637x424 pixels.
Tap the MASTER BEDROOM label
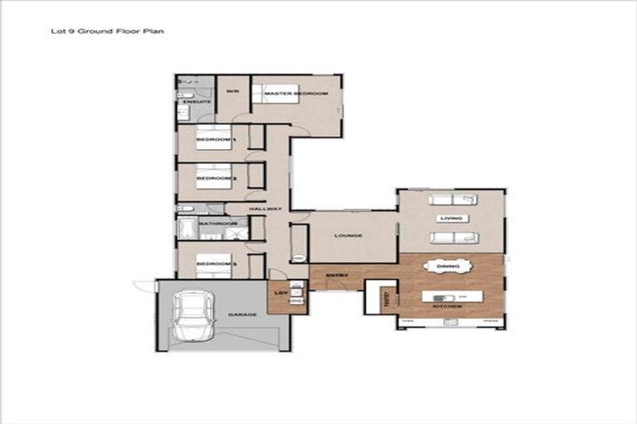point(296,94)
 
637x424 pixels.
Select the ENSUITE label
point(187,102)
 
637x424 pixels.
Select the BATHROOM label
point(218,224)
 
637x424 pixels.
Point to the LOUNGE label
point(349,236)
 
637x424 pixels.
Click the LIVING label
point(452,219)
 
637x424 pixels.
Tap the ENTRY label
point(337,275)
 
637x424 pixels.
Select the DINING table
point(448,266)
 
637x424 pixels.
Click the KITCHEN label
point(448,308)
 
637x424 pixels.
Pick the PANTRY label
point(385,299)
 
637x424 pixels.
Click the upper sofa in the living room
point(452,200)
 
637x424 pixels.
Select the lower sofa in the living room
point(454,238)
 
